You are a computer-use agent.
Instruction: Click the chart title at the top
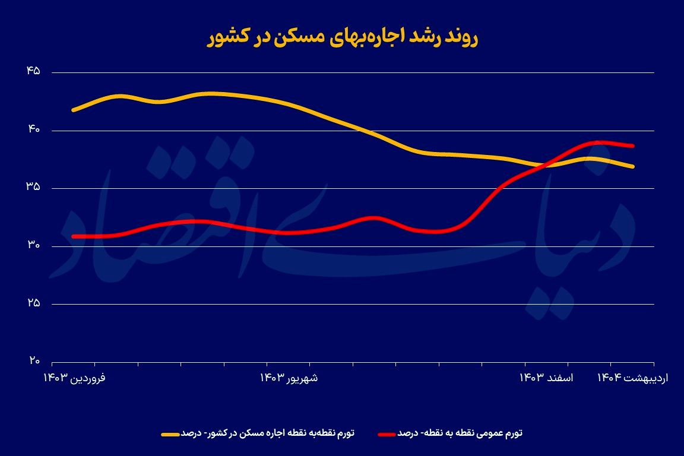point(342,37)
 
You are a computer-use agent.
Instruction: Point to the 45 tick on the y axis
point(33,71)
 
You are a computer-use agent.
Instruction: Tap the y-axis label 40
point(33,129)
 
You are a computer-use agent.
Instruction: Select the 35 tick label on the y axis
point(33,187)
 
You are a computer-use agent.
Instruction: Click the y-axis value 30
point(33,245)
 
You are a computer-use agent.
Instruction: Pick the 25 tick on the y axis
point(33,303)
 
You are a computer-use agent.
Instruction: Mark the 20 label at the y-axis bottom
point(33,360)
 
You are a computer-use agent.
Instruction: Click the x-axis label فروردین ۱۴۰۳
point(75,378)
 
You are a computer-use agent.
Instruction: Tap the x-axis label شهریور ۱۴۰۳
point(289,378)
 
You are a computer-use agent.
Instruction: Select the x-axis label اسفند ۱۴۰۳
point(547,378)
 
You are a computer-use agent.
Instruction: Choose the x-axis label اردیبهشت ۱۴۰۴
point(633,378)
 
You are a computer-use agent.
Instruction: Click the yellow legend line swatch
point(170,434)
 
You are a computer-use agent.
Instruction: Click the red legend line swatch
point(387,434)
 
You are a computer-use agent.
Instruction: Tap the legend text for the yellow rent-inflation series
point(267,433)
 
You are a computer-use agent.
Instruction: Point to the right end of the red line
point(634,145)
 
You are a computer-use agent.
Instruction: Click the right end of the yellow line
point(634,166)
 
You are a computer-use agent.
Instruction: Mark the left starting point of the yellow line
point(73,110)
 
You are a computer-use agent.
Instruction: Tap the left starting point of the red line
point(73,236)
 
